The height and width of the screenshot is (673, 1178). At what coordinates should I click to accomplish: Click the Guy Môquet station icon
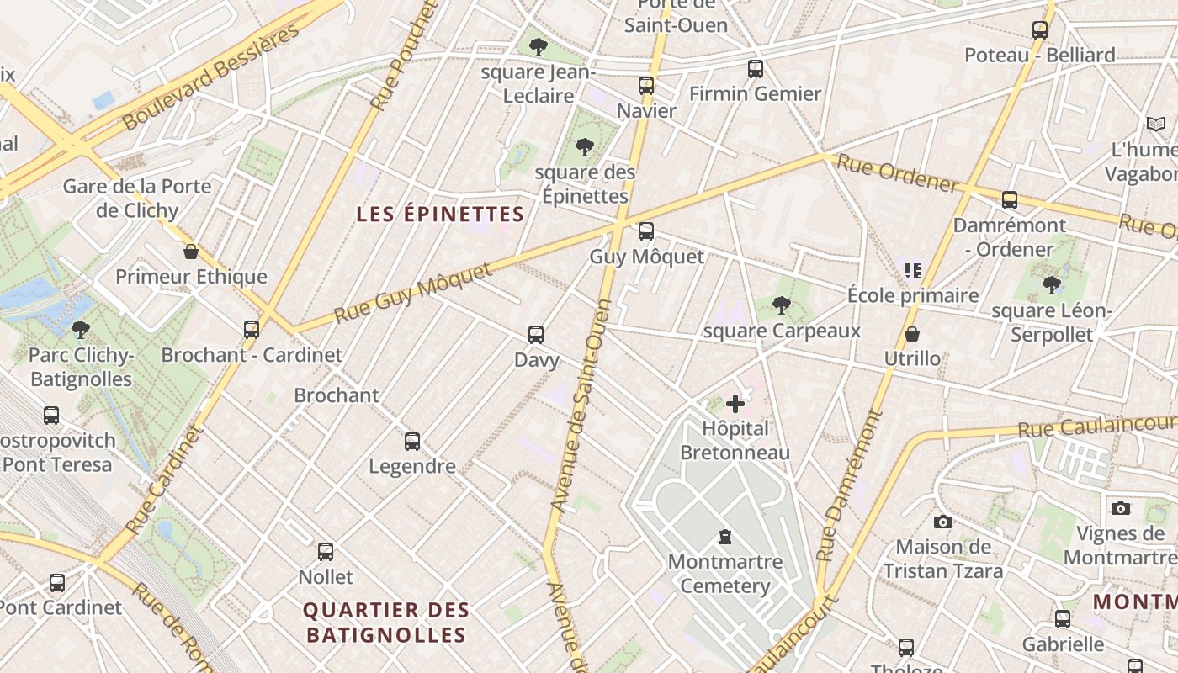[x=646, y=231]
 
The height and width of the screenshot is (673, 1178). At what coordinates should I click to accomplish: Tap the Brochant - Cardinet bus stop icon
[x=252, y=330]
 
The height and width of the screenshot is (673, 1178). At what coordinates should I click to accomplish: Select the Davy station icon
[x=536, y=335]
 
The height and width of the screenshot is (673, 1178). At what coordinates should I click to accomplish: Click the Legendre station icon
[x=412, y=442]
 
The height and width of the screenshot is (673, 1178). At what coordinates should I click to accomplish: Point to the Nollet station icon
[x=326, y=552]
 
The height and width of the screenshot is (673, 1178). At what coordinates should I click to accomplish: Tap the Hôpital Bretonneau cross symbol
[x=735, y=404]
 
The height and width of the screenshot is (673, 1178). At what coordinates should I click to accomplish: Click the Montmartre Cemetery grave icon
[x=724, y=537]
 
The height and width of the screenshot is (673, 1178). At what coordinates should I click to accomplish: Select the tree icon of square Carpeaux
[x=782, y=305]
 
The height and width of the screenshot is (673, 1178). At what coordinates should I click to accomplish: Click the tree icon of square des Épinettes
[x=585, y=148]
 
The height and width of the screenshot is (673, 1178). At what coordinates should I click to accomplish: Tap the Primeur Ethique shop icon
[x=191, y=252]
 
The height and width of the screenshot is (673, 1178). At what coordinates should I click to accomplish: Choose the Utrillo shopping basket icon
[x=912, y=335]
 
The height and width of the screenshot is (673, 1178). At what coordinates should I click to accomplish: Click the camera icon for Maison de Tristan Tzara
[x=943, y=522]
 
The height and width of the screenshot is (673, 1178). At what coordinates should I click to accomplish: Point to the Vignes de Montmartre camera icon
[x=1120, y=508]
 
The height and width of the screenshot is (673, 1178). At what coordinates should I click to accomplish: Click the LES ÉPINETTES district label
[x=440, y=215]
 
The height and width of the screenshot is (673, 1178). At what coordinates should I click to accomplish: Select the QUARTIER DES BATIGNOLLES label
[x=386, y=623]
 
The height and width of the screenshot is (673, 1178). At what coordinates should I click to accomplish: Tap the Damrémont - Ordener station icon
[x=1010, y=200]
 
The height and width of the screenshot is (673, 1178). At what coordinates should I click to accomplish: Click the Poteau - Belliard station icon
[x=1040, y=30]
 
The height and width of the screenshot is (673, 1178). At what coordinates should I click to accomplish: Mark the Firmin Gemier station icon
[x=756, y=69]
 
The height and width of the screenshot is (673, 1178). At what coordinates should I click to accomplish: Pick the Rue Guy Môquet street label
[x=412, y=294]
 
